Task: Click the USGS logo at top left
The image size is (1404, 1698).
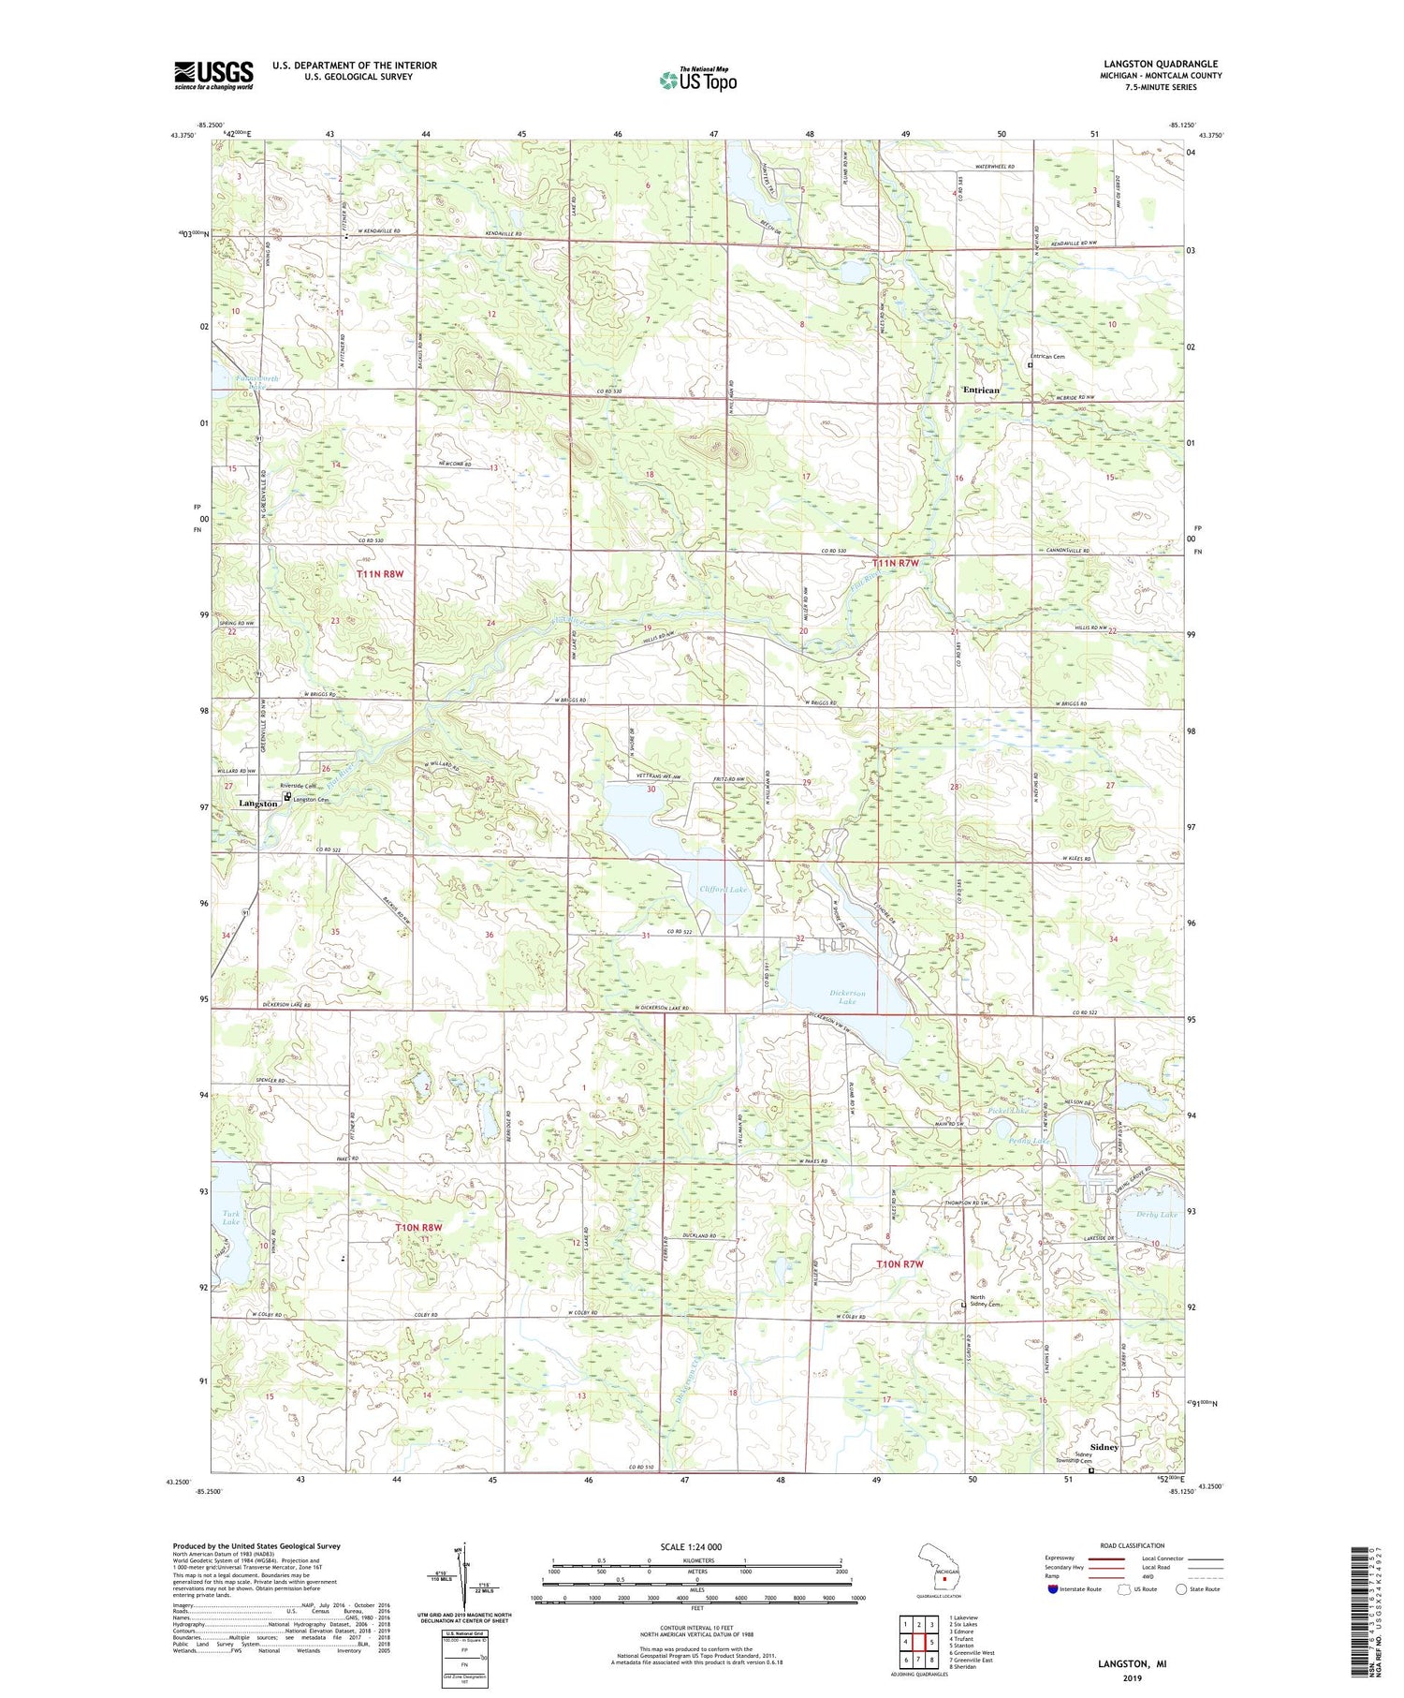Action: tap(213, 75)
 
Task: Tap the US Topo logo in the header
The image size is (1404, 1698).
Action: tap(697, 80)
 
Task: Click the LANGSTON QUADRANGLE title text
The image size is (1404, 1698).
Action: tap(1161, 64)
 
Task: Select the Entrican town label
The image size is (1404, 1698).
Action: tap(981, 390)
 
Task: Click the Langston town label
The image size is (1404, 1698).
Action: tap(257, 804)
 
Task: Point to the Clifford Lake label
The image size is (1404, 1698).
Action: tap(724, 889)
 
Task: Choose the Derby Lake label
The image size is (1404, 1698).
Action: tap(1155, 1215)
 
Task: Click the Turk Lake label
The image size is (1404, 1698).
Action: tap(230, 1218)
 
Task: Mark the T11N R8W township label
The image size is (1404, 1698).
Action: tap(382, 572)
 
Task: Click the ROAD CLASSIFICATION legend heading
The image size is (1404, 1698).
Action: tap(1132, 1545)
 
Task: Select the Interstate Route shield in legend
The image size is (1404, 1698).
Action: tap(1053, 1589)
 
